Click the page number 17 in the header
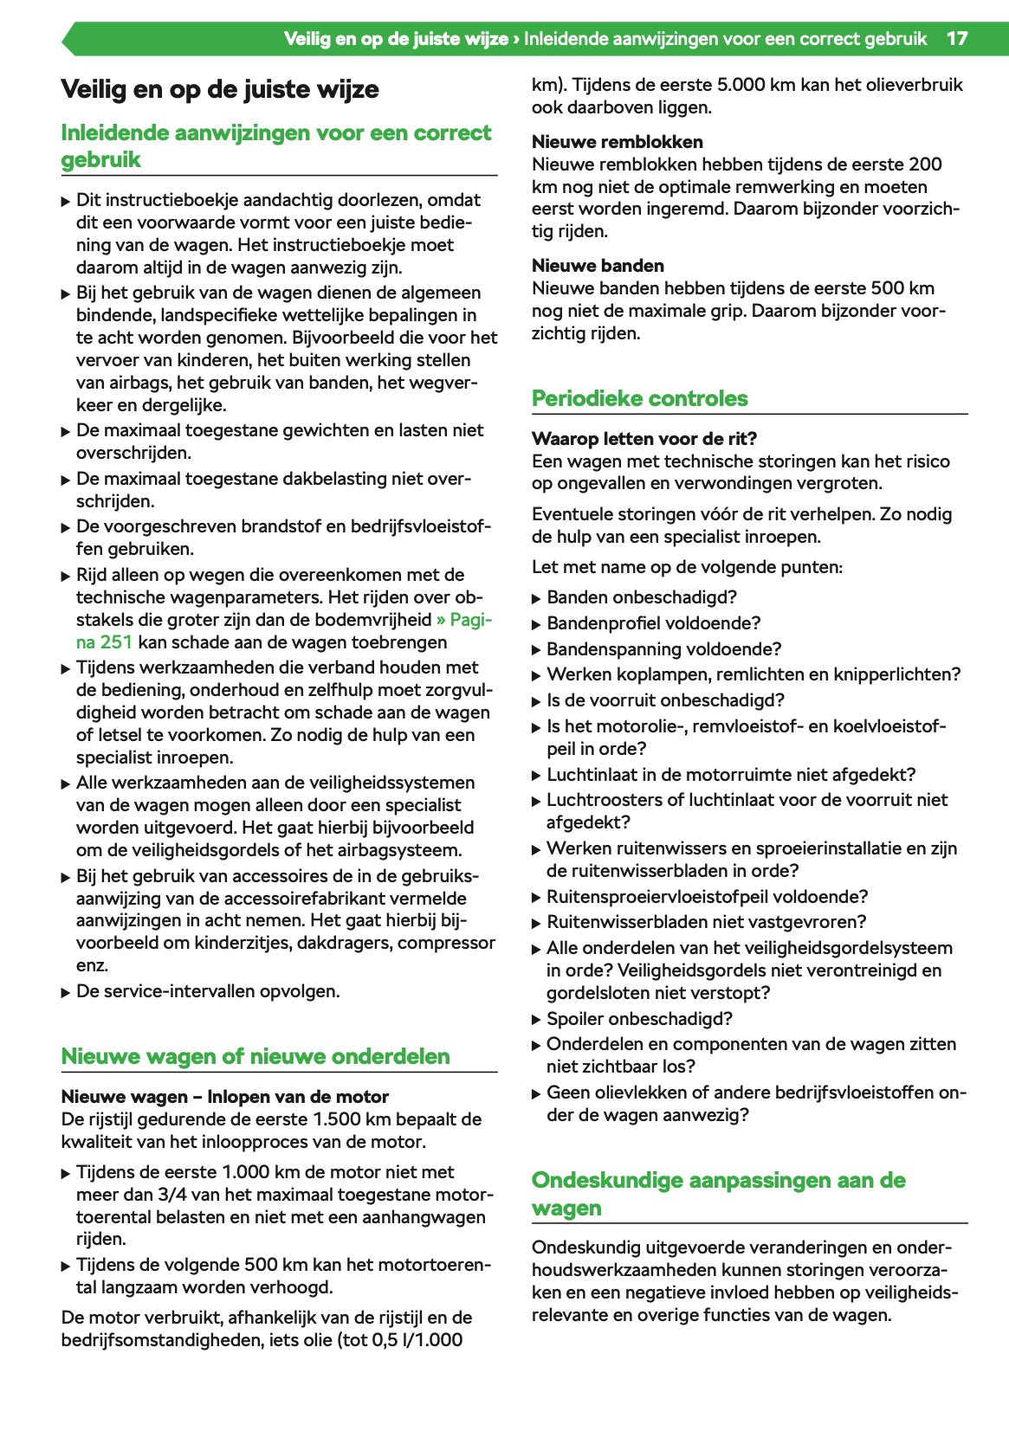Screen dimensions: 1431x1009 [x=956, y=39]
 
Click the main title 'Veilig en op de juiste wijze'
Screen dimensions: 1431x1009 [x=220, y=89]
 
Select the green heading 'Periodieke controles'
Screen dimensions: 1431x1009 [x=639, y=398]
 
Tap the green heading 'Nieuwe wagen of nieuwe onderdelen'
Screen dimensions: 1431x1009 [x=255, y=1056]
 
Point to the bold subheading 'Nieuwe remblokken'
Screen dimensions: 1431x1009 [x=617, y=142]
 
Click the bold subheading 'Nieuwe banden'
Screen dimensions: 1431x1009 [x=598, y=266]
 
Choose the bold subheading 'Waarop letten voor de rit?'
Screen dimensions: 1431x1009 [x=644, y=439]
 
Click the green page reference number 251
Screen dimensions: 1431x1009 [x=115, y=642]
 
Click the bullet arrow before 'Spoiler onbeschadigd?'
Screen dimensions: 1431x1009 [x=536, y=1020]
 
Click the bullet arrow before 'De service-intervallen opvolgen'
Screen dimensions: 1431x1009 [x=66, y=992]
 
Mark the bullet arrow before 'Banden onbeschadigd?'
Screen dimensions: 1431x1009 [x=536, y=598]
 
